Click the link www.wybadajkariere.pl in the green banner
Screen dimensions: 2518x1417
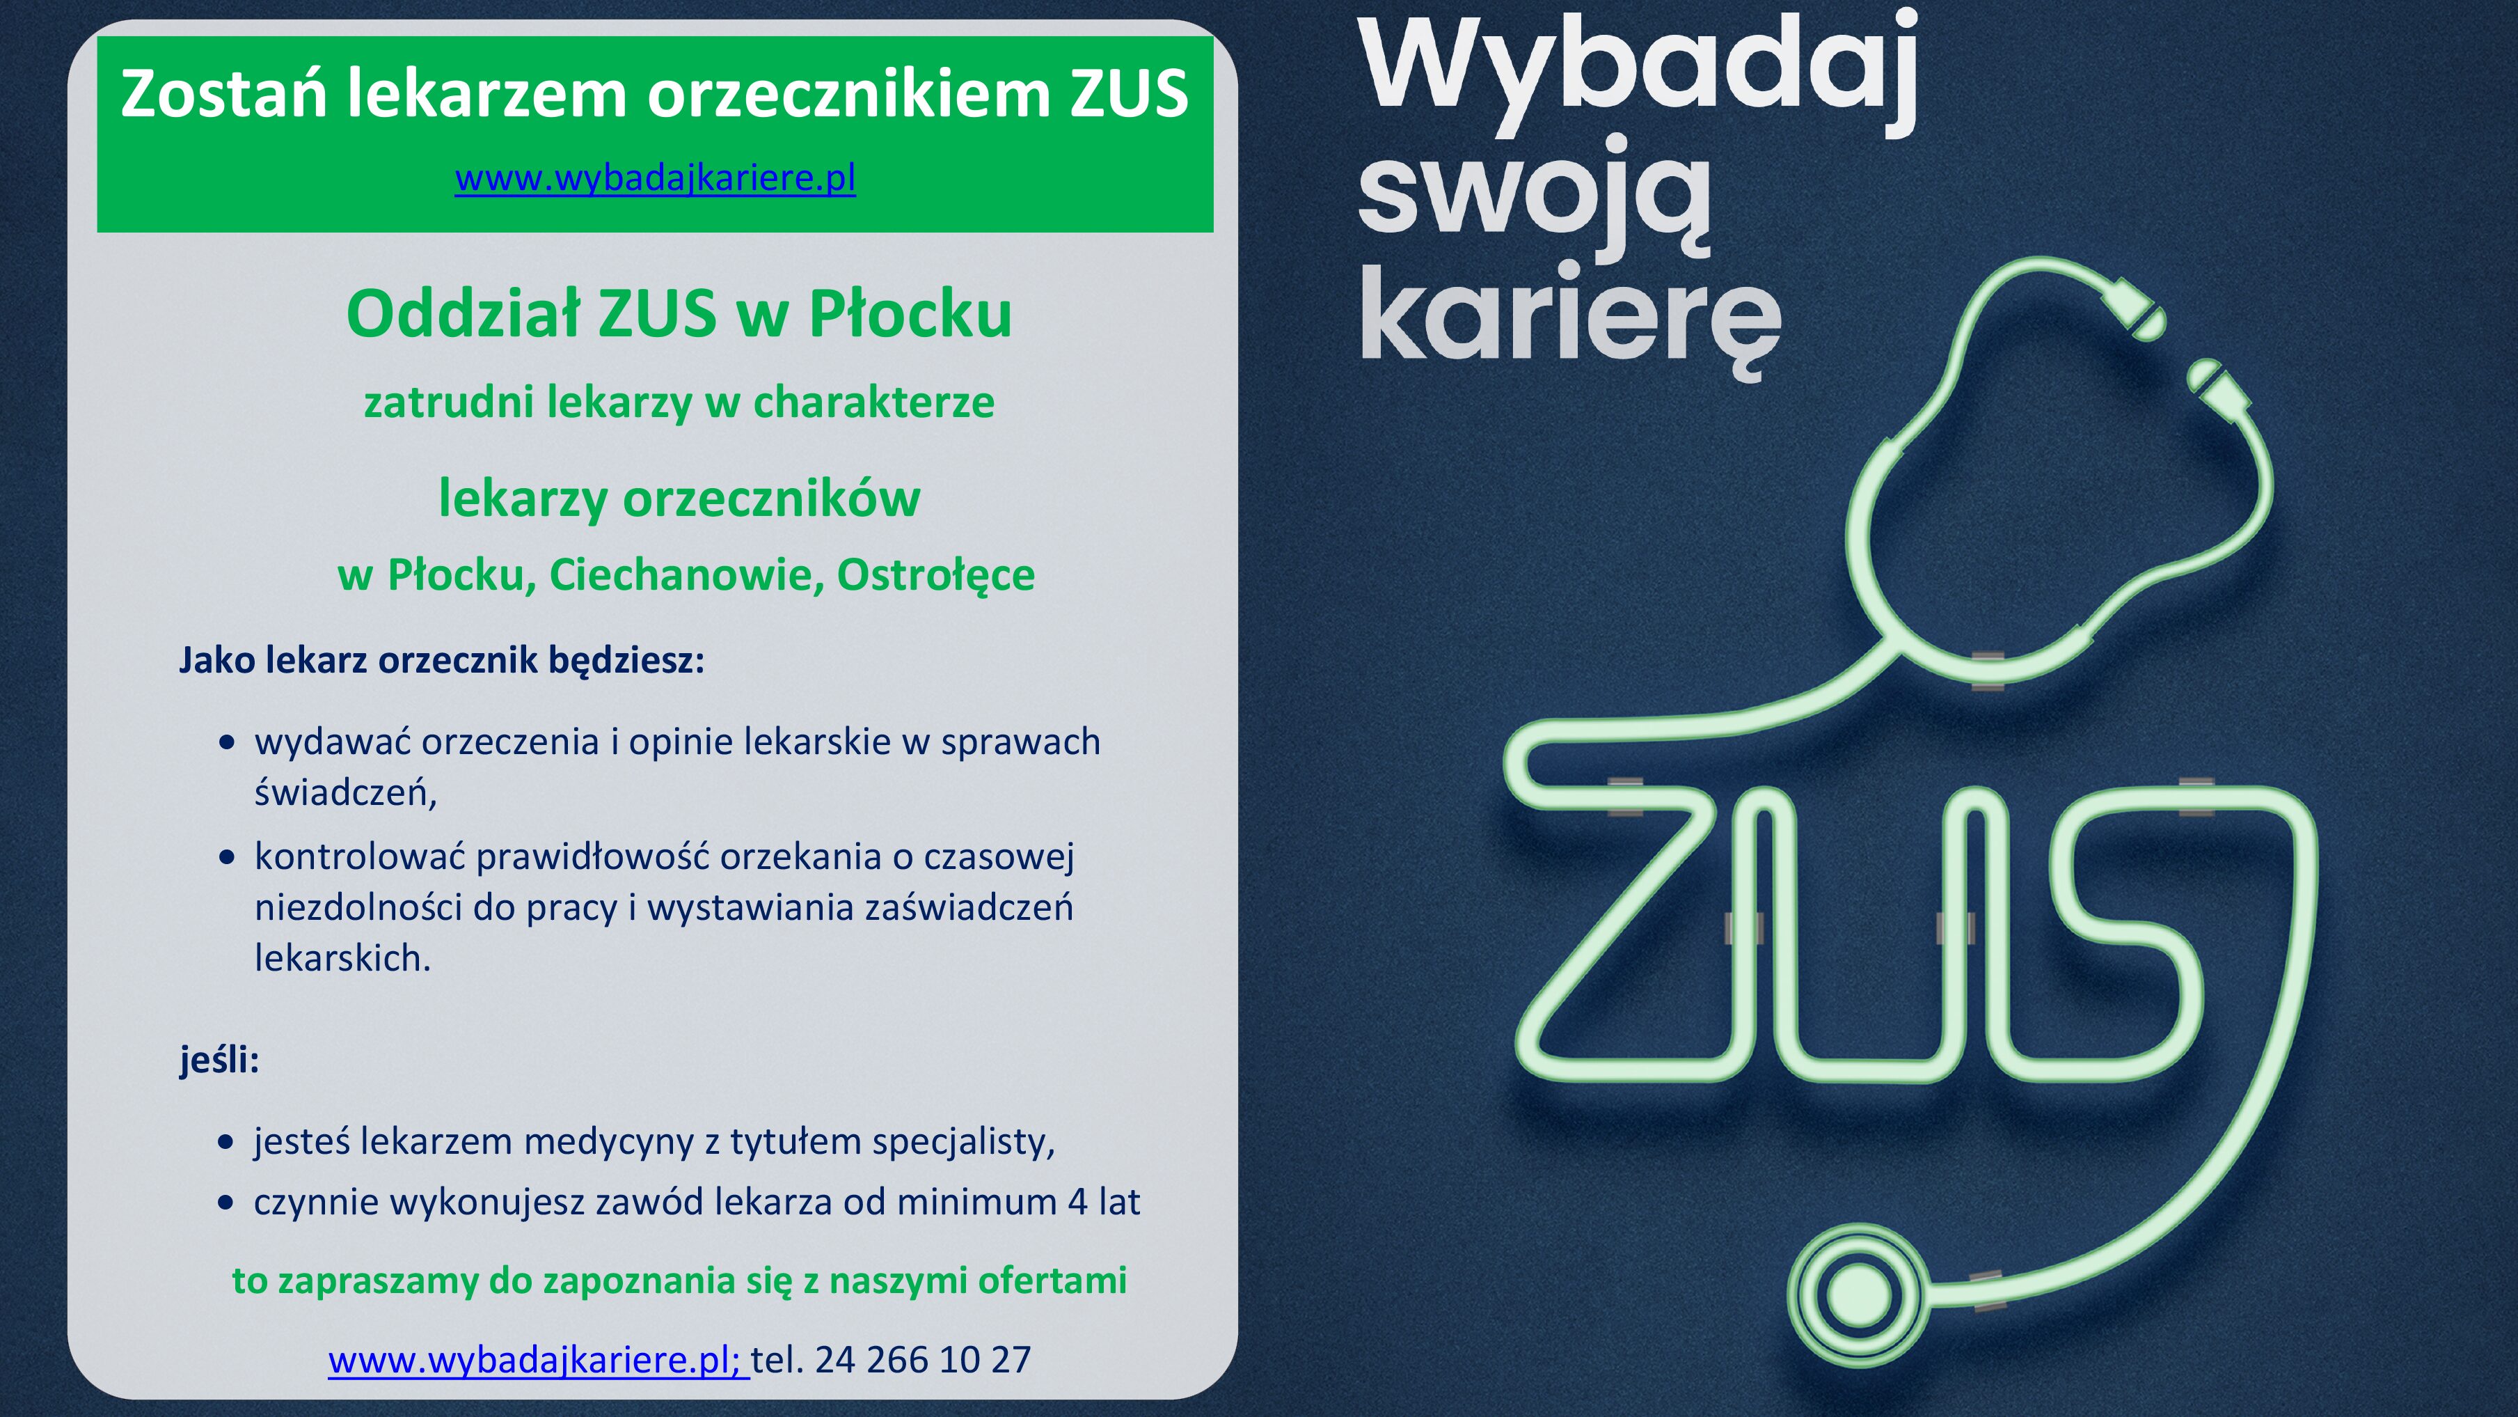pos(655,179)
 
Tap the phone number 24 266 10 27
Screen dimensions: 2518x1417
pos(923,1359)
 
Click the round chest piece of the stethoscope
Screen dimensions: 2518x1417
pos(1859,1296)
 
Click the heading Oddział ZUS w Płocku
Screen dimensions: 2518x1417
pos(679,314)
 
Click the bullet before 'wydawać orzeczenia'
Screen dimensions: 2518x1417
pos(228,743)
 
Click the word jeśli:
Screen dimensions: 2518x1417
pos(219,1059)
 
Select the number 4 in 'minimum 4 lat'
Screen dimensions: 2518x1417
pos(1077,1202)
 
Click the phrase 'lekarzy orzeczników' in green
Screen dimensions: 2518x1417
pos(679,499)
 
